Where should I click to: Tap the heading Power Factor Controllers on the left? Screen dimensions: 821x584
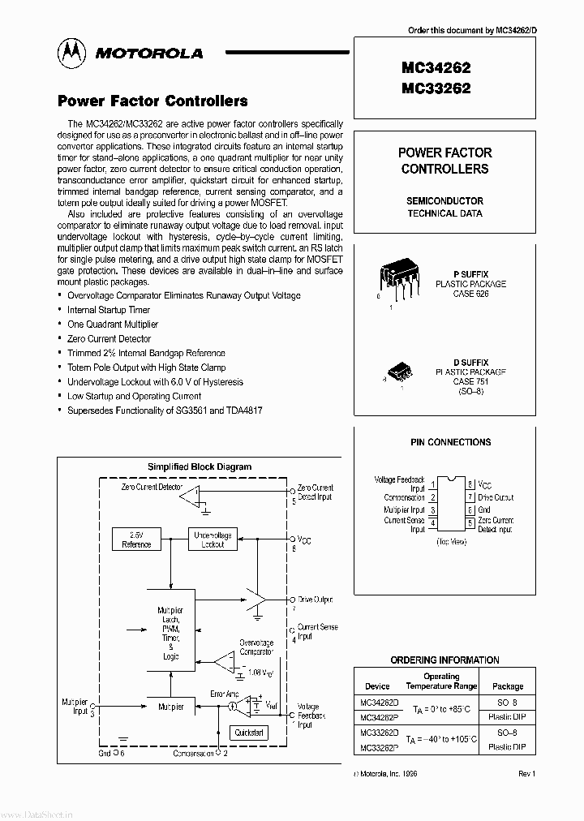click(152, 101)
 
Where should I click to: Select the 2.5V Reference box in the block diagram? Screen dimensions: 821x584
click(135, 539)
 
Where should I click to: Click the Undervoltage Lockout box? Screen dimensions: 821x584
click(212, 539)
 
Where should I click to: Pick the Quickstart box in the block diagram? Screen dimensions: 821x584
click(249, 732)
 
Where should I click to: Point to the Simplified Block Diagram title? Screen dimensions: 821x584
click(199, 466)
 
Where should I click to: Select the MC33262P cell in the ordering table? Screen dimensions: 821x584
click(378, 746)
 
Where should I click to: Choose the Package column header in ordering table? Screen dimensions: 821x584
click(508, 686)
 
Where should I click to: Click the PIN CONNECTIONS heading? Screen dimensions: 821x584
click(450, 442)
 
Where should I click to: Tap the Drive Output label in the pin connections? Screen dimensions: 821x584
click(496, 497)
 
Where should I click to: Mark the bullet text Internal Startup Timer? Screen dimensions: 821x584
click(109, 310)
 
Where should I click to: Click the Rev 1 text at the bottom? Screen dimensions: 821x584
click(527, 774)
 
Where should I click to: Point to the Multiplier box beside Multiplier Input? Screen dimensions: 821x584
click(170, 707)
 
